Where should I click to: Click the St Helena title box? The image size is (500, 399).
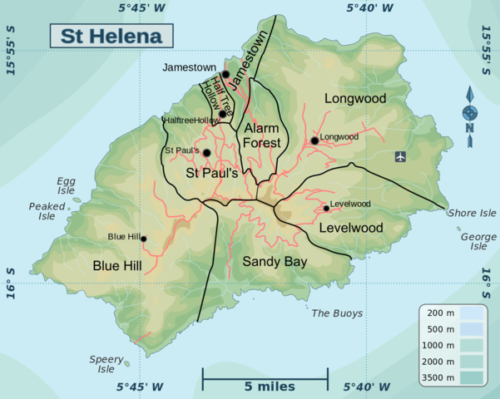click(111, 37)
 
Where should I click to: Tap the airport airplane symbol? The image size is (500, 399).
click(401, 156)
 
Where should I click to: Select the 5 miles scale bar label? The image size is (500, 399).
click(265, 387)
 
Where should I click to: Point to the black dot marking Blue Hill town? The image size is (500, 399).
click(143, 239)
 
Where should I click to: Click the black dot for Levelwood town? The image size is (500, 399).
click(326, 208)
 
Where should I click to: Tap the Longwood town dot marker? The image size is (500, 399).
click(314, 141)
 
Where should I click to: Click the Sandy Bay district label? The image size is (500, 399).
click(275, 261)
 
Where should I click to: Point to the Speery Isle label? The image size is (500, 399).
click(106, 363)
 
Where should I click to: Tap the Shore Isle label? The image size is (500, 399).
click(472, 213)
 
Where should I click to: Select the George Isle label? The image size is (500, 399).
click(478, 241)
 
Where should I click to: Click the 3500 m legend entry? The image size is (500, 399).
click(441, 377)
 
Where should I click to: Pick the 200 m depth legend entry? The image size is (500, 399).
click(441, 313)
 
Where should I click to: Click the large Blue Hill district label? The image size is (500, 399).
click(117, 266)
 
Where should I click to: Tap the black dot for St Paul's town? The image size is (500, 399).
click(206, 152)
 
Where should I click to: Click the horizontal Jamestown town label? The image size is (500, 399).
click(190, 66)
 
